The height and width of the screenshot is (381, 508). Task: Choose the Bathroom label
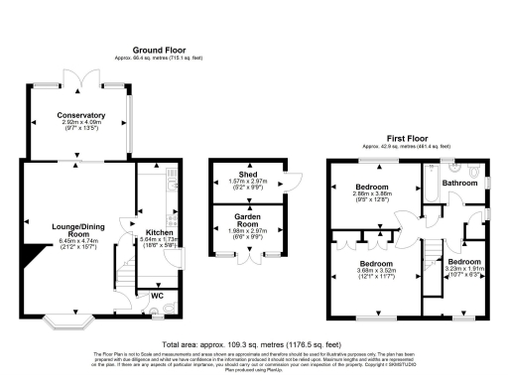tap(459, 183)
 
